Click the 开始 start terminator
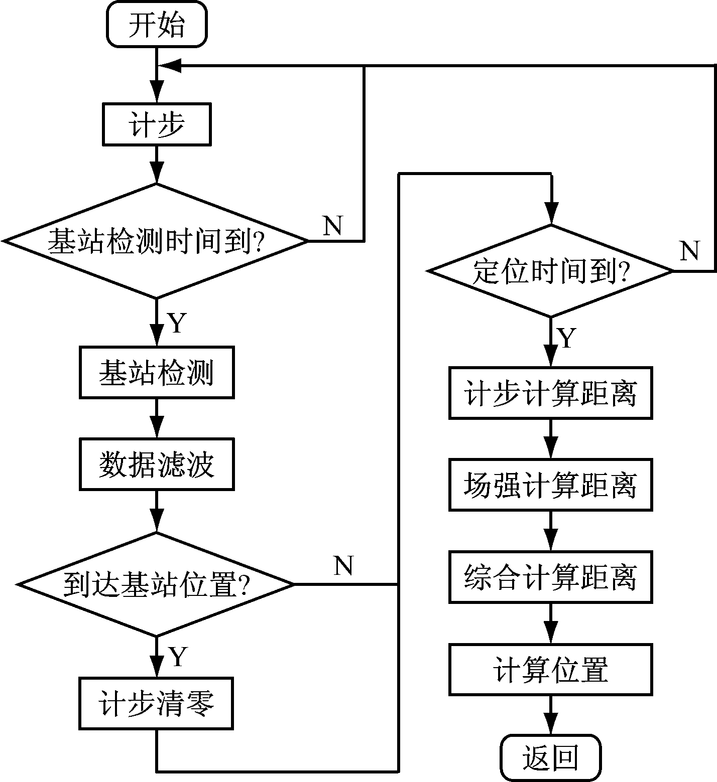(157, 25)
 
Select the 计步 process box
(157, 124)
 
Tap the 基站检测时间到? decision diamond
(156, 241)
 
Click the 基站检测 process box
(157, 373)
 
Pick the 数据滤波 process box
(157, 464)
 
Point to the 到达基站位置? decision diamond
(156, 584)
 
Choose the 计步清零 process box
(156, 704)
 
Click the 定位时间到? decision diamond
(551, 271)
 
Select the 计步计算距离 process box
(551, 393)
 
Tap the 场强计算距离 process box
(551, 485)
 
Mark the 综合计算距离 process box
(551, 577)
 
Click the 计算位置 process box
(551, 670)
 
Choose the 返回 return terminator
(551, 757)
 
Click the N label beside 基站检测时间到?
(333, 226)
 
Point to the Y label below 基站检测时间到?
(177, 323)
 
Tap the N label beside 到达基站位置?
(343, 566)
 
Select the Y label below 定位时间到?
(567, 338)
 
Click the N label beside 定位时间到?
(690, 251)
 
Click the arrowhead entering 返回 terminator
(551, 726)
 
